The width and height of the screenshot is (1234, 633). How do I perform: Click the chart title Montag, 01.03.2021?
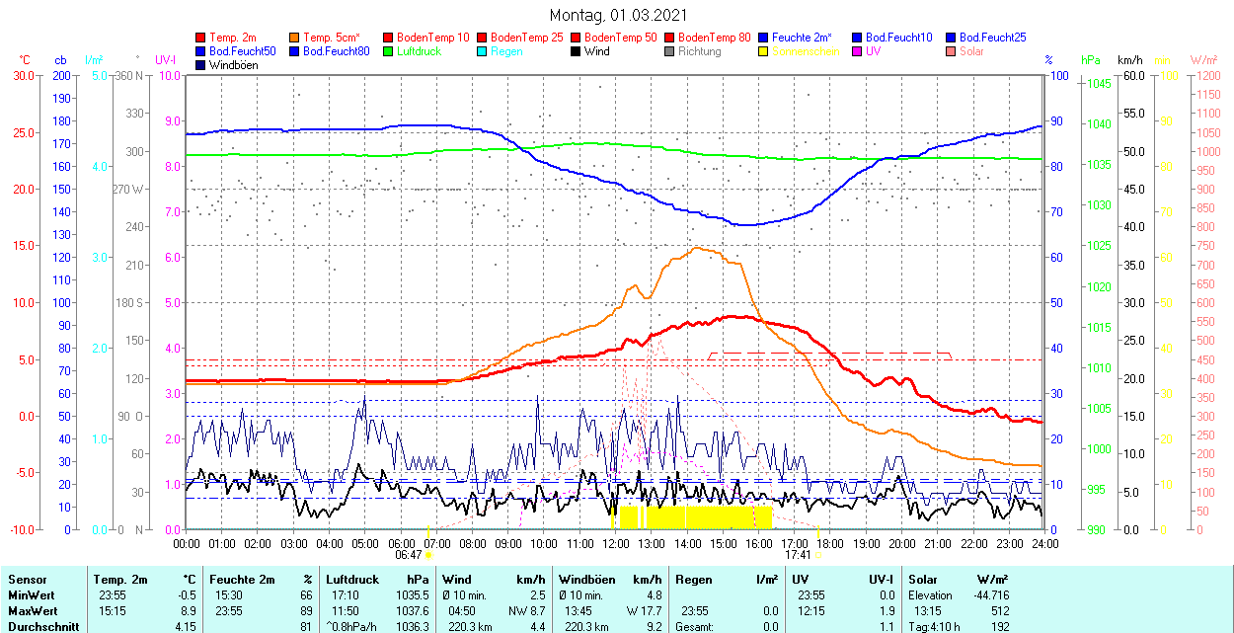(618, 16)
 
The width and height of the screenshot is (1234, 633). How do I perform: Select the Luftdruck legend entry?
(420, 51)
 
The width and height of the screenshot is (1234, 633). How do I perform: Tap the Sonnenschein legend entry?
(806, 51)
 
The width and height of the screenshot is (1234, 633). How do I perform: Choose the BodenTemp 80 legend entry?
(715, 38)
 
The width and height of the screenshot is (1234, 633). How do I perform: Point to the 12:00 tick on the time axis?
(616, 543)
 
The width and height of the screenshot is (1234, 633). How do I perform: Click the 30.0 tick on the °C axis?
(22, 75)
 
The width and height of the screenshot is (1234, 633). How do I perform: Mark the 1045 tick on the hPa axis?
(1098, 84)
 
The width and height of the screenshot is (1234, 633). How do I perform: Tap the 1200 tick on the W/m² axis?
(1207, 75)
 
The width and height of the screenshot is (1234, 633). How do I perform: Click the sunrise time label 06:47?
(409, 555)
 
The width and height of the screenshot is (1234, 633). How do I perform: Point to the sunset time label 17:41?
(798, 555)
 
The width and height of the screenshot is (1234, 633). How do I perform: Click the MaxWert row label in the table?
(32, 595)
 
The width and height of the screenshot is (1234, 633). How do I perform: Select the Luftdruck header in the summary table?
(352, 580)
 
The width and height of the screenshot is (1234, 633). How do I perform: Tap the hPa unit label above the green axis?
(1090, 60)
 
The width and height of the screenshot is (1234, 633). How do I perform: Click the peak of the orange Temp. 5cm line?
(697, 247)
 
